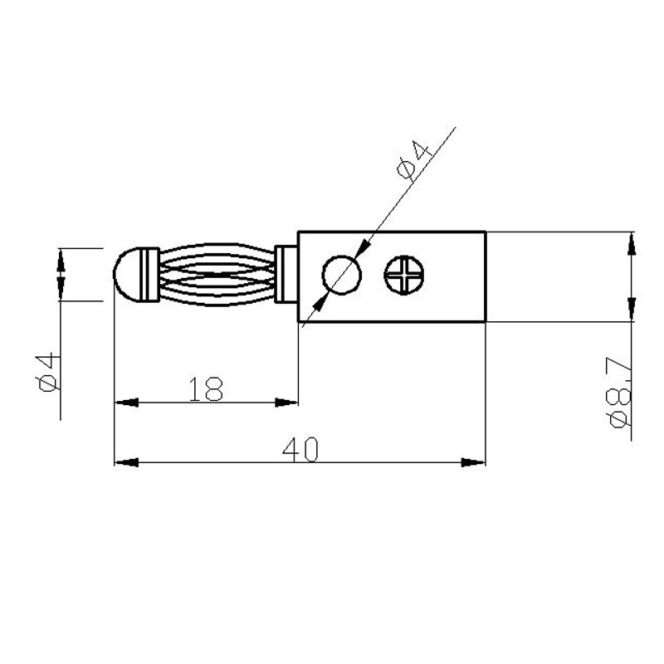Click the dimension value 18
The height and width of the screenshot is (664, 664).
click(207, 389)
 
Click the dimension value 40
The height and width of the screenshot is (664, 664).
click(300, 449)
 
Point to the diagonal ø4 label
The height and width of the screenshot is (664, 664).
click(415, 159)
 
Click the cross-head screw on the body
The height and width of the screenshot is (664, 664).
click(405, 275)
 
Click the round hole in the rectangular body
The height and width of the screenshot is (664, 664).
click(342, 276)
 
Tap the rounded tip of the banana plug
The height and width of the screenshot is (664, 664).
click(124, 275)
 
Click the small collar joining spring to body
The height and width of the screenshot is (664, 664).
click(287, 275)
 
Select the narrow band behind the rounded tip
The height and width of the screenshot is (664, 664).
click(150, 275)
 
